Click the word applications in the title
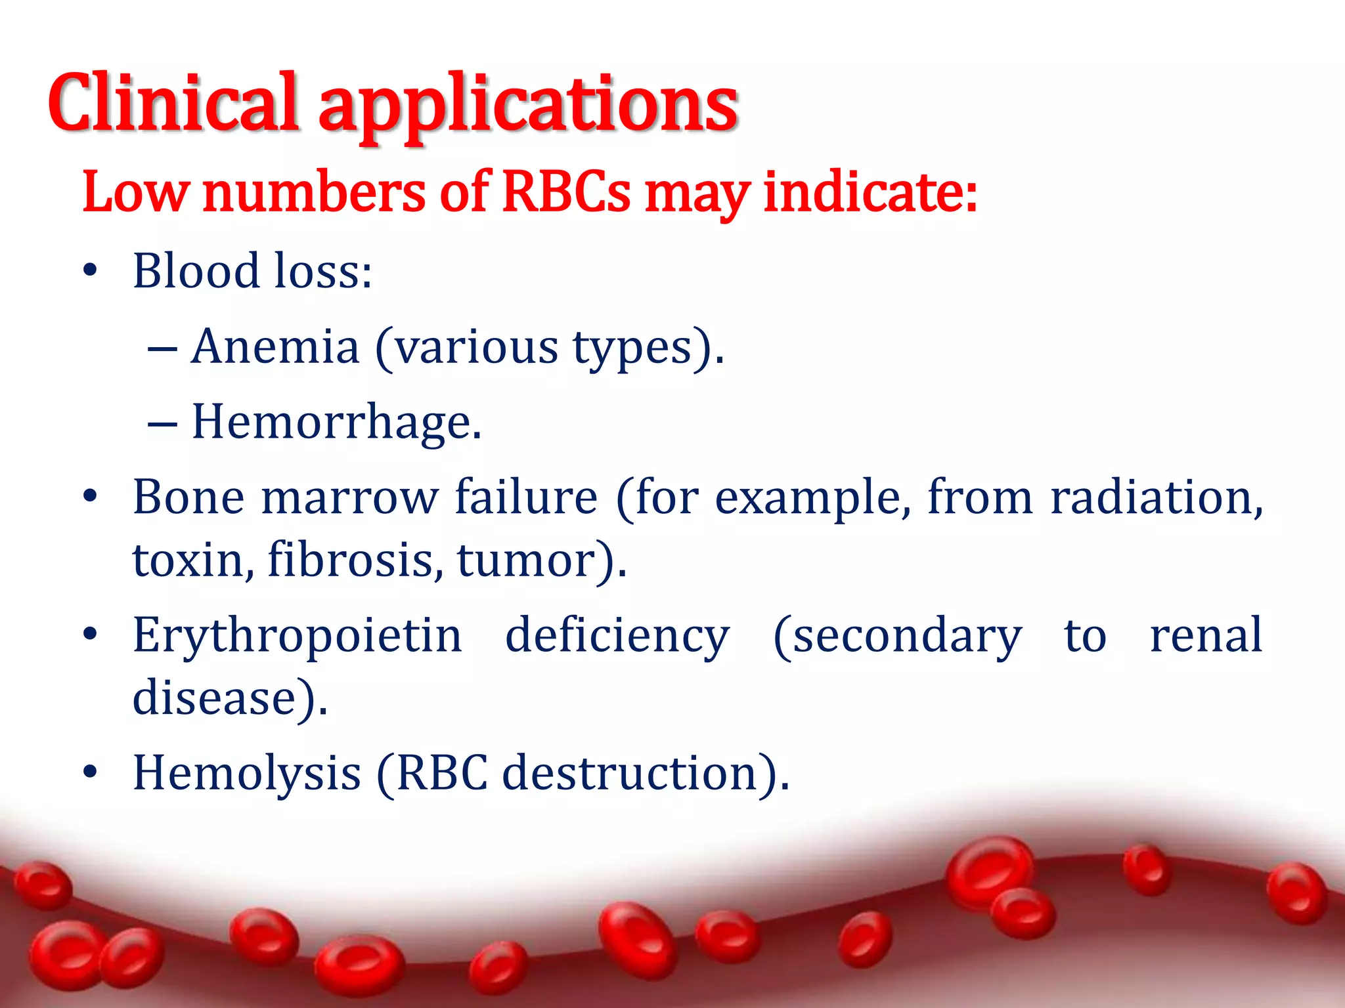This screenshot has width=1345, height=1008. coord(529,105)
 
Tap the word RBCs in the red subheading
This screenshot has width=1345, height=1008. coord(566,192)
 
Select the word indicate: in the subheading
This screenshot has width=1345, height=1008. coord(870,192)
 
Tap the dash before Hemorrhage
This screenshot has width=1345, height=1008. coord(162,423)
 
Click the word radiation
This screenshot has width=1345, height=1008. coord(1156,497)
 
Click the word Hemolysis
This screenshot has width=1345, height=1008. coord(246,773)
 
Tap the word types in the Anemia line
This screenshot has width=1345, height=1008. coord(632,348)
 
